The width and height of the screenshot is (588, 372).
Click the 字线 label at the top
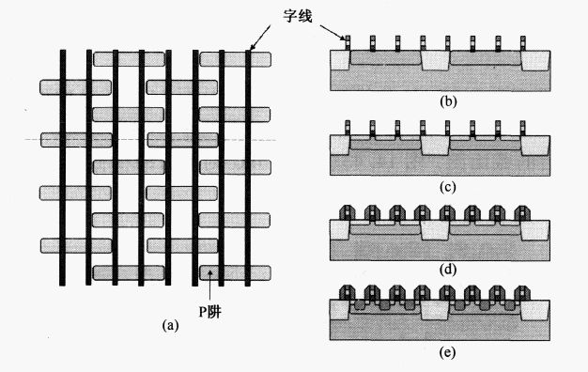[298, 16]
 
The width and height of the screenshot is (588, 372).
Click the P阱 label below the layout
[210, 311]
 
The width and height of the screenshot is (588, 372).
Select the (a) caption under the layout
[171, 325]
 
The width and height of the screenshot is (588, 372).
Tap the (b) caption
[448, 101]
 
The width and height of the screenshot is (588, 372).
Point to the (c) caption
[448, 187]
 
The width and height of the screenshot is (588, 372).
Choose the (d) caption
[448, 270]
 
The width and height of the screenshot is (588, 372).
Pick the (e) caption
[448, 352]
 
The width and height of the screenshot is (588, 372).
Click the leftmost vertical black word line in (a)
[63, 167]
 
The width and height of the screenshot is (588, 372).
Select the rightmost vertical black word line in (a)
[248, 167]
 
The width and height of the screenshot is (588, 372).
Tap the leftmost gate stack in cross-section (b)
[348, 43]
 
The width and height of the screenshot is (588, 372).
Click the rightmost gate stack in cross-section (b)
[523, 43]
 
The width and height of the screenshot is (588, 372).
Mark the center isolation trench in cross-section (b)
[436, 60]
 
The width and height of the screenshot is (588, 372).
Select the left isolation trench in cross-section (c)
[340, 145]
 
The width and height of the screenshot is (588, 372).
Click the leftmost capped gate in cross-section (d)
[347, 213]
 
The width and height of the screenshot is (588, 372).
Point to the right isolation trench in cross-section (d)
[535, 230]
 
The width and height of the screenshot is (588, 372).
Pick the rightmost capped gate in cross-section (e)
[522, 293]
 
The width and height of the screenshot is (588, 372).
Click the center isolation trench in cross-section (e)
[435, 310]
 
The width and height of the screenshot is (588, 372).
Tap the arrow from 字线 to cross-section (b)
[333, 32]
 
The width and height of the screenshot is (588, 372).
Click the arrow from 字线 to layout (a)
[260, 38]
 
